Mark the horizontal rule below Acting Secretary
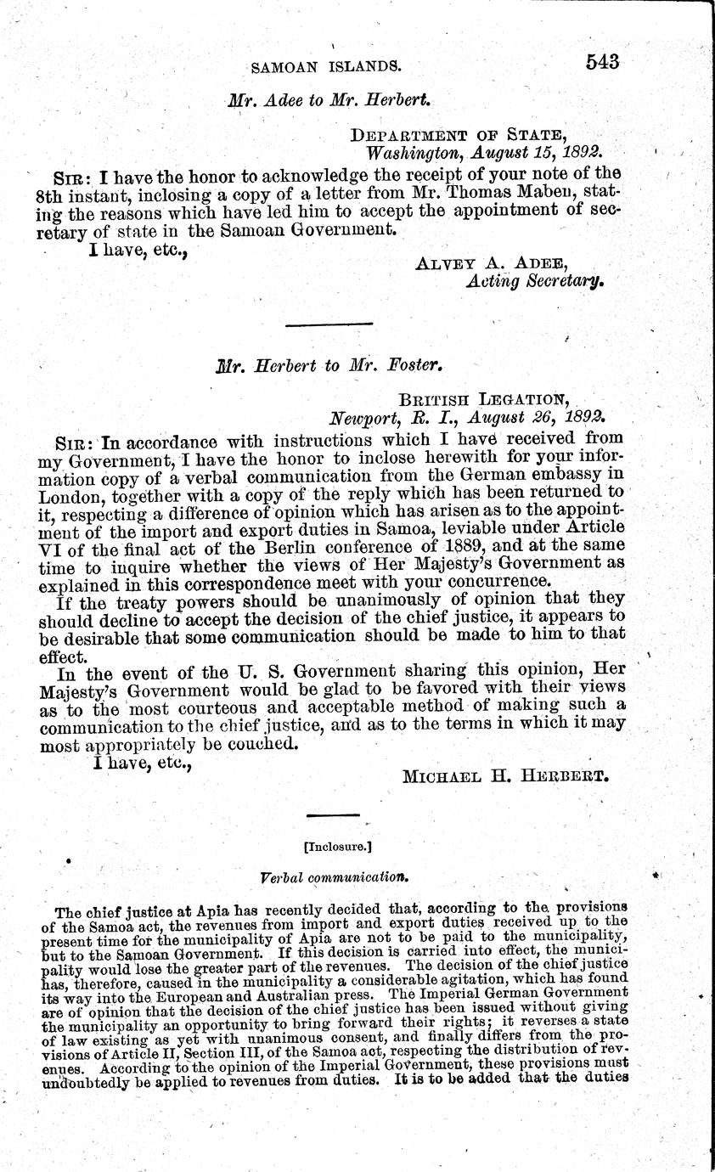[x=330, y=323]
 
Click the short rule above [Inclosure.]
[x=332, y=816]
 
